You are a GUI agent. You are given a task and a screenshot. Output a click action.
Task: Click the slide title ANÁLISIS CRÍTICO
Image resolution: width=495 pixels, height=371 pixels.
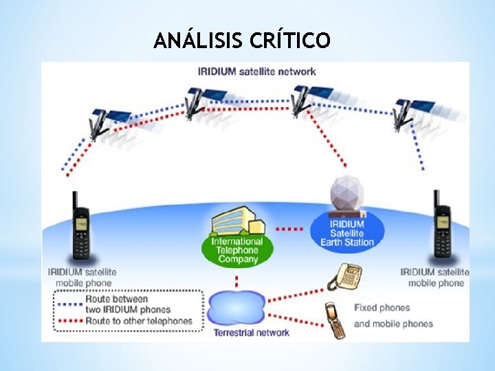pos(242,41)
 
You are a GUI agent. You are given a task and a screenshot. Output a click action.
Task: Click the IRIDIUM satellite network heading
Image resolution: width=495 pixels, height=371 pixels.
pos(256,71)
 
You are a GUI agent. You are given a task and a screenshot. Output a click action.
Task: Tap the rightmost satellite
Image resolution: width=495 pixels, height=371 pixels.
pos(410,110)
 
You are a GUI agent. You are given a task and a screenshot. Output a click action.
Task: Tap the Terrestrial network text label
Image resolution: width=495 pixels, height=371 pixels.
pos(252,333)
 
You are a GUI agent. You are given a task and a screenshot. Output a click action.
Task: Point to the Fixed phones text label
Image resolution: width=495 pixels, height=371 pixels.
pos(382,308)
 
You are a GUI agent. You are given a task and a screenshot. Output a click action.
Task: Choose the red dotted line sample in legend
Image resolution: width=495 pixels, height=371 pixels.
pos(69,321)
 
